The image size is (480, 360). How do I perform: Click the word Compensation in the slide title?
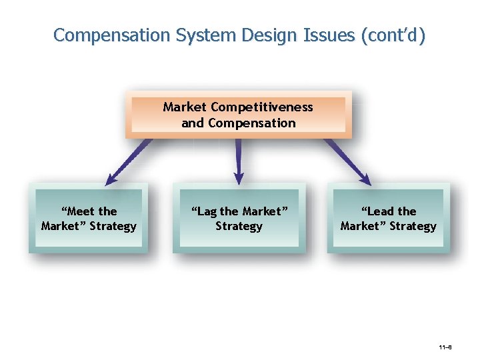click(112, 35)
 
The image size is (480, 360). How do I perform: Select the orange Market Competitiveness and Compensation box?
click(238, 115)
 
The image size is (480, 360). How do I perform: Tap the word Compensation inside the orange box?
click(251, 123)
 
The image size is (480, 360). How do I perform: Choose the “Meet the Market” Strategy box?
click(89, 219)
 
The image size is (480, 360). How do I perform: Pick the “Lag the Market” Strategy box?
click(239, 219)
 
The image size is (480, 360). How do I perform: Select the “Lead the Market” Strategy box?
click(388, 219)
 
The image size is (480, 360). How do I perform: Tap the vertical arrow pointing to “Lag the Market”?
click(239, 161)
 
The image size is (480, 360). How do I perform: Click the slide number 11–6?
click(445, 348)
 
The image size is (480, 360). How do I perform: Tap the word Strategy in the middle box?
click(239, 227)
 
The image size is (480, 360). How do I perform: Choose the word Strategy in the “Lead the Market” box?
click(413, 227)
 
